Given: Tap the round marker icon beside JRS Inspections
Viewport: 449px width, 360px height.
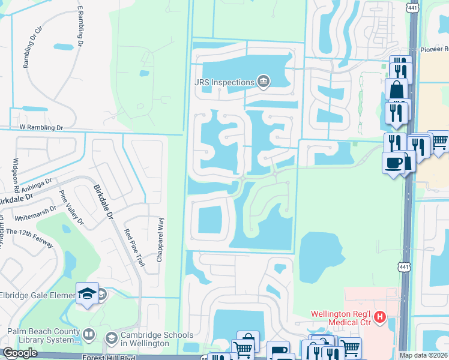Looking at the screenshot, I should click(262, 81).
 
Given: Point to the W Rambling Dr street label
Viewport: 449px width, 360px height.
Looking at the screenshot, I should click(41, 127).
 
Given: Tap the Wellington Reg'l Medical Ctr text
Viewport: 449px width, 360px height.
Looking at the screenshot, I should click(340, 317).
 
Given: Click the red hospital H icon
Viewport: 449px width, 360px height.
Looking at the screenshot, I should click(379, 316).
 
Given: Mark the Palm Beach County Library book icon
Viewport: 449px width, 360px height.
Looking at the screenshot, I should click(89, 334).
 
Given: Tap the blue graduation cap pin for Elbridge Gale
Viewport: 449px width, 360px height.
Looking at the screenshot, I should click(88, 293).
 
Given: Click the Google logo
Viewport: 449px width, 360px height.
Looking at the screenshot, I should click(20, 353).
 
